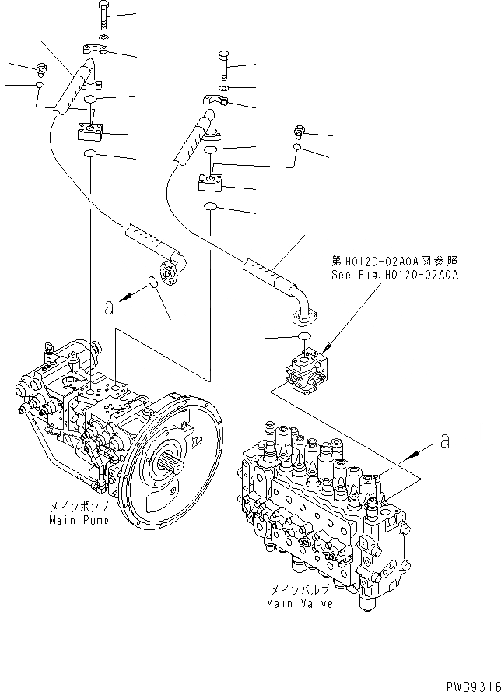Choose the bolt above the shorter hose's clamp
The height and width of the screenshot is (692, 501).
pos(223,65)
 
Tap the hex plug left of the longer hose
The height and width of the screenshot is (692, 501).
pos(40,69)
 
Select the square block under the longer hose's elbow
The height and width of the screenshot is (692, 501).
pos(92,130)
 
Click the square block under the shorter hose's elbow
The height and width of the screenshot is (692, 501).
pos(212,182)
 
